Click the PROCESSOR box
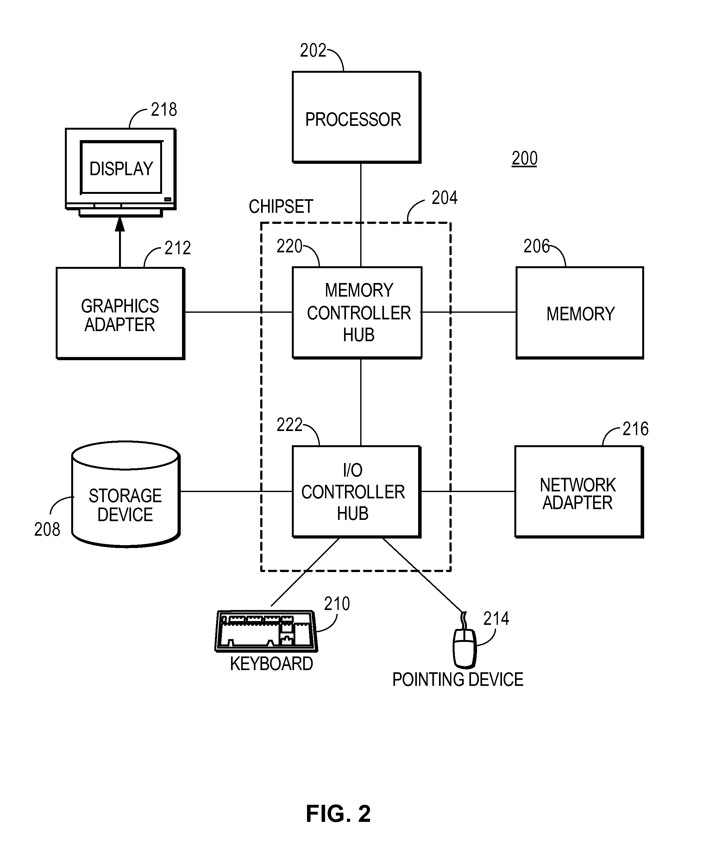pos(356,117)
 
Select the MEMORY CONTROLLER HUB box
pos(357,312)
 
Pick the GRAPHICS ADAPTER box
pos(120,313)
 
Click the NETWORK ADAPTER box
pos(579,492)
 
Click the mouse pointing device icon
pos(465,648)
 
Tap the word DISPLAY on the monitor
pos(121,169)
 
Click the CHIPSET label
pos(281,206)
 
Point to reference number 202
pos(313,51)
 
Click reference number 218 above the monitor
pos(164,110)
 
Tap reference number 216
pos(635,429)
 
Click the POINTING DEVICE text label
pos(457,680)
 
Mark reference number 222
pos(289,425)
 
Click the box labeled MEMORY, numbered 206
pos(579,312)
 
